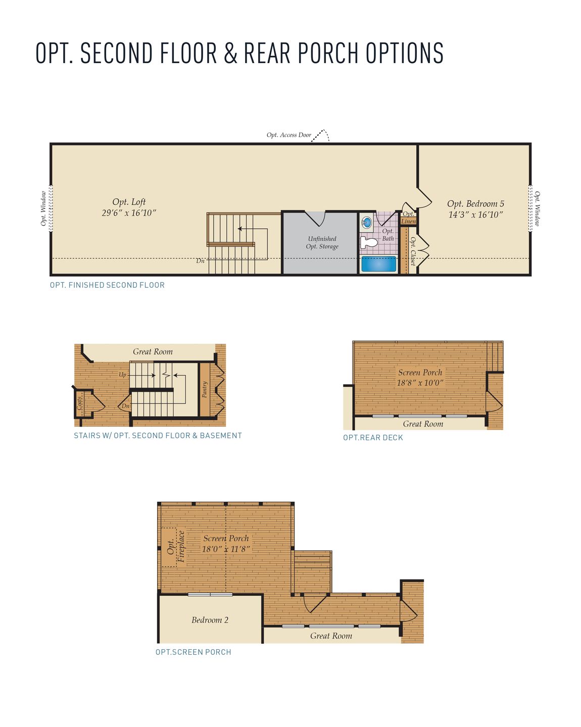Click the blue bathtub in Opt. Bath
coord(379,264)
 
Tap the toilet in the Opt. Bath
coord(369,243)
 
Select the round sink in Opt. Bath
coord(366,222)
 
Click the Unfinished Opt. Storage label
coord(322,243)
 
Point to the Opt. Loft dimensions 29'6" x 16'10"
coord(129,213)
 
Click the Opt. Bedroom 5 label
coord(475,204)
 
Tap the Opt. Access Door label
coord(289,135)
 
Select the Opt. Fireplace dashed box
coord(169,547)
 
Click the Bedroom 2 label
coord(210,620)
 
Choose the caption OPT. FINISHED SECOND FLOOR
coord(107,285)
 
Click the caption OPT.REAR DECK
coord(373,438)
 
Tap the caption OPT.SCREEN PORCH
coord(193,652)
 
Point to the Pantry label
coord(205,389)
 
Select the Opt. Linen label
coord(408,218)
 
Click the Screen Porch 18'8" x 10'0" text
coord(420,378)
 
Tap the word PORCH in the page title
coord(329,53)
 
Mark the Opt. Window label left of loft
coord(43,208)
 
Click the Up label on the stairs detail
coord(122,375)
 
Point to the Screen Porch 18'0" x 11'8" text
coord(226,544)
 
